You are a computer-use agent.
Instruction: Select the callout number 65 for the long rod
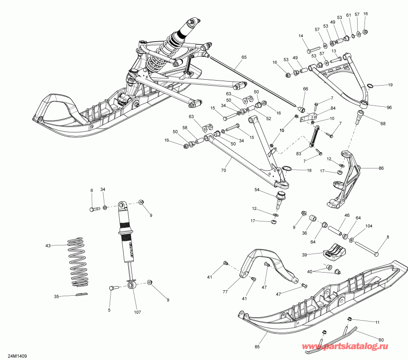[244, 58]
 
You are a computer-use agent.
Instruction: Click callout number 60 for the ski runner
[381, 339]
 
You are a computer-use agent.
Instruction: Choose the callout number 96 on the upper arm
[389, 107]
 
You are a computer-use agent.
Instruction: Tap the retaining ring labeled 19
[369, 86]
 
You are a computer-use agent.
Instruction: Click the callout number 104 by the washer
[369, 226]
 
